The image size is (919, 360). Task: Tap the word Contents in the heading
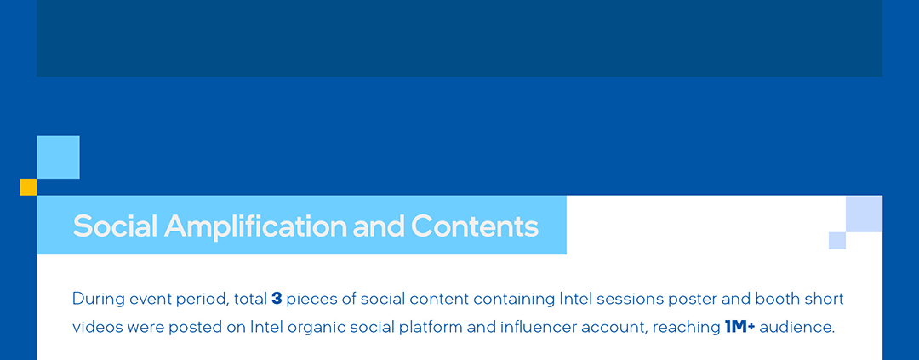475,226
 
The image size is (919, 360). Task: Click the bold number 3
277,299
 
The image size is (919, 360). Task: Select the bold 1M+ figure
739,327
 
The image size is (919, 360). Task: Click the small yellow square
28,187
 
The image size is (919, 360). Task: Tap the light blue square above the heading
58,157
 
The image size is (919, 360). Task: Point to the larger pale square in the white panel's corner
864,214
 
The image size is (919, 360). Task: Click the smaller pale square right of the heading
837,240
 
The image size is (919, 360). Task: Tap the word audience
797,327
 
